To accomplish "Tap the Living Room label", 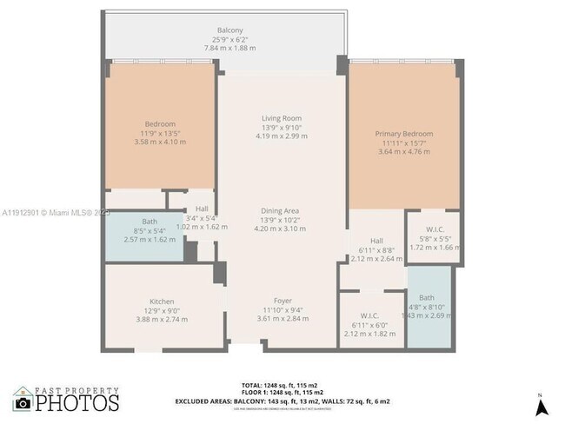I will coord(281,118).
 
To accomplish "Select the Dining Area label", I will coord(281,210).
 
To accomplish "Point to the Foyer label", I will coord(282,301).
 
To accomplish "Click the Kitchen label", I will coord(162,301).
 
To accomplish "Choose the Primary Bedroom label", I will coord(403,134).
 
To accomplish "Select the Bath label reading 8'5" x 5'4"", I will coord(150,222).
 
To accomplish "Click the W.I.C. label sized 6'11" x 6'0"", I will coord(371,315).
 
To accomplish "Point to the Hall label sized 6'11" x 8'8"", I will coord(376,241).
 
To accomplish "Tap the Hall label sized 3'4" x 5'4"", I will coord(202,209).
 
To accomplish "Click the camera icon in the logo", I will coord(23,402).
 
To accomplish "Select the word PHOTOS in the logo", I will coord(76,404).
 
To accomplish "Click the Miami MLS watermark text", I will coord(56,212).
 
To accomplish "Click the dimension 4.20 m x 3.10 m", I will coord(281,229).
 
